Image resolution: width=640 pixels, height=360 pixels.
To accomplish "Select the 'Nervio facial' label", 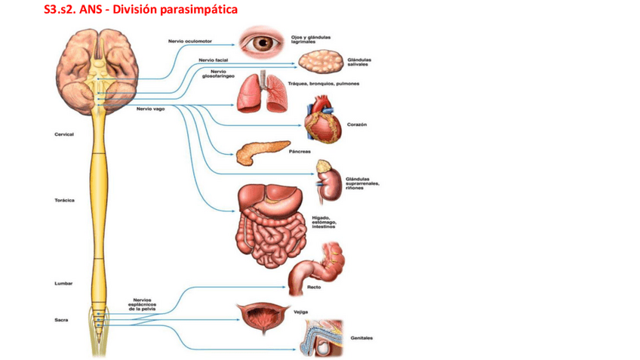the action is pos(208,59).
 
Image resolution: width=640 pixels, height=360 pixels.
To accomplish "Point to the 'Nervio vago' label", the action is pos(151,108).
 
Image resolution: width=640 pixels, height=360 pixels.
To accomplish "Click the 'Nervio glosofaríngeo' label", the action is pos(218,74).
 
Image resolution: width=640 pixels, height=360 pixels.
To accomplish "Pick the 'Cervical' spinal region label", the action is pos(64,134).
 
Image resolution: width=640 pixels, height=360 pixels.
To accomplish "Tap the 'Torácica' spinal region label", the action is pos(64,201).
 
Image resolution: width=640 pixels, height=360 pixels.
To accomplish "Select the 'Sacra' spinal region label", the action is pos(62,320).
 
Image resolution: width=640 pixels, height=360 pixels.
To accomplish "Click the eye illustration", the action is pos(263,42).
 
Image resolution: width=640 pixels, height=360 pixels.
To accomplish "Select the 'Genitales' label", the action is pos(362,338).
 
